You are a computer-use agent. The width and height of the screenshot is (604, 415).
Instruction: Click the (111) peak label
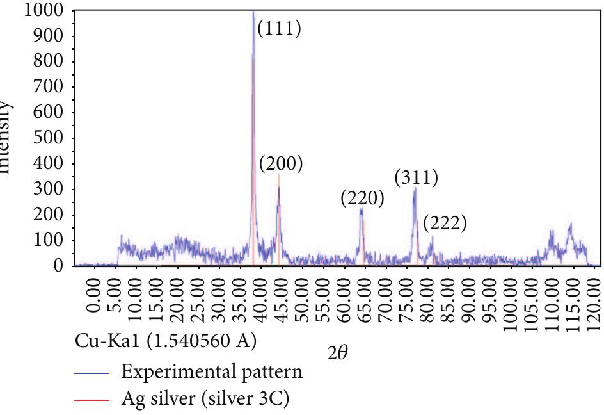[x=278, y=29]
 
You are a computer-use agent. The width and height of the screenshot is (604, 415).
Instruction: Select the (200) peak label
[x=281, y=164]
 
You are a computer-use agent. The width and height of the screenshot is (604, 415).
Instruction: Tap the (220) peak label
[x=363, y=199]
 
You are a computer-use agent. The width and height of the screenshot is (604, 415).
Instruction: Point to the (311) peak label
[x=417, y=177]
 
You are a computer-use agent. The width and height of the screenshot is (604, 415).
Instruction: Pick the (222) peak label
[x=445, y=224]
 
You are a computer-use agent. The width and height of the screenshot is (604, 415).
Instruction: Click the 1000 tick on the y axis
[x=44, y=10]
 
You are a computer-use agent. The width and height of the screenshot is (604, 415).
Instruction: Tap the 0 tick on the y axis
[x=59, y=265]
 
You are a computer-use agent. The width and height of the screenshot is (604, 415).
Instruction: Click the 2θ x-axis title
[x=337, y=352]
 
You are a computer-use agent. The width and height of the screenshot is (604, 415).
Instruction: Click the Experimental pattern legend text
[x=212, y=371]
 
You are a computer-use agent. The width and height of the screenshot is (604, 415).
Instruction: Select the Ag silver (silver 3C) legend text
[x=205, y=399]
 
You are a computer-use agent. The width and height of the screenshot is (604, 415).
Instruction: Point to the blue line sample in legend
[x=92, y=372]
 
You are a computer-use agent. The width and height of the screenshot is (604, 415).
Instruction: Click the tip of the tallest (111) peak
[x=253, y=11]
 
